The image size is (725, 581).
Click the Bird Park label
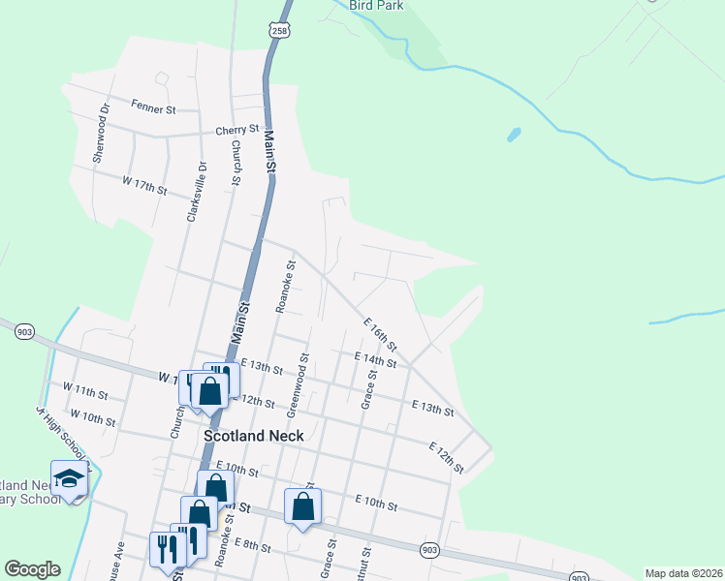pyautogui.click(x=376, y=5)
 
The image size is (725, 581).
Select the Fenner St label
pyautogui.click(x=154, y=109)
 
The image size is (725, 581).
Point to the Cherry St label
pyautogui.click(x=237, y=129)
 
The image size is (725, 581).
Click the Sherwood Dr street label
pyautogui.click(x=97, y=134)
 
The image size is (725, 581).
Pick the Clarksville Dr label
pyautogui.click(x=191, y=191)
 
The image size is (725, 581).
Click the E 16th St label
pyautogui.click(x=380, y=333)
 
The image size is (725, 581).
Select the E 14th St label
pyautogui.click(x=375, y=360)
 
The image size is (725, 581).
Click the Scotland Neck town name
pyautogui.click(x=253, y=436)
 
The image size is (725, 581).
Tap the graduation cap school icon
pyautogui.click(x=70, y=478)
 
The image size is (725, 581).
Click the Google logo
pyautogui.click(x=32, y=569)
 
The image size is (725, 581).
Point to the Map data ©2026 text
pyautogui.click(x=682, y=573)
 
